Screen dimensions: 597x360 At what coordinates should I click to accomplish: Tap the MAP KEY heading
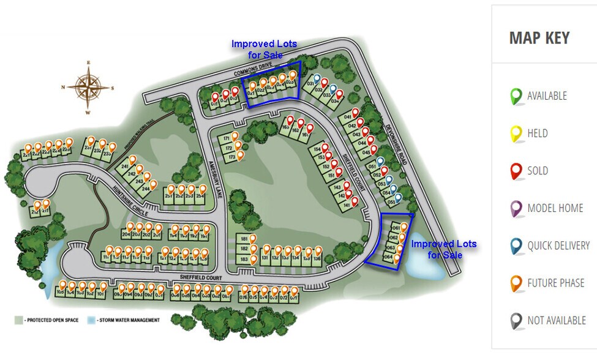pos(539,38)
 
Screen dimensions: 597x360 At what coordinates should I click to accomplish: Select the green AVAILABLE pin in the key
pos(516,96)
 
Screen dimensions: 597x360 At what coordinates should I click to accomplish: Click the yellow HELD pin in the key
pos(516,133)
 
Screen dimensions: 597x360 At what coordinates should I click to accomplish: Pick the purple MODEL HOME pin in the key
pos(516,209)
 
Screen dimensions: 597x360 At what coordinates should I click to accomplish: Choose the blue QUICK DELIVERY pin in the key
pos(516,246)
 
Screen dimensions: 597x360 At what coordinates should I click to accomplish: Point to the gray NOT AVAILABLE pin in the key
pos(516,321)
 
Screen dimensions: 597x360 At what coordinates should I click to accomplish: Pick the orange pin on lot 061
pos(404,227)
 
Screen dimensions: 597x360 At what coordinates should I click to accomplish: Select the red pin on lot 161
pos(310,128)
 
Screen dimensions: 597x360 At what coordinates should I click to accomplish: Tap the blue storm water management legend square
pos(91,320)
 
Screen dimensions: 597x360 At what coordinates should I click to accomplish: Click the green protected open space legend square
pos(19,320)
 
